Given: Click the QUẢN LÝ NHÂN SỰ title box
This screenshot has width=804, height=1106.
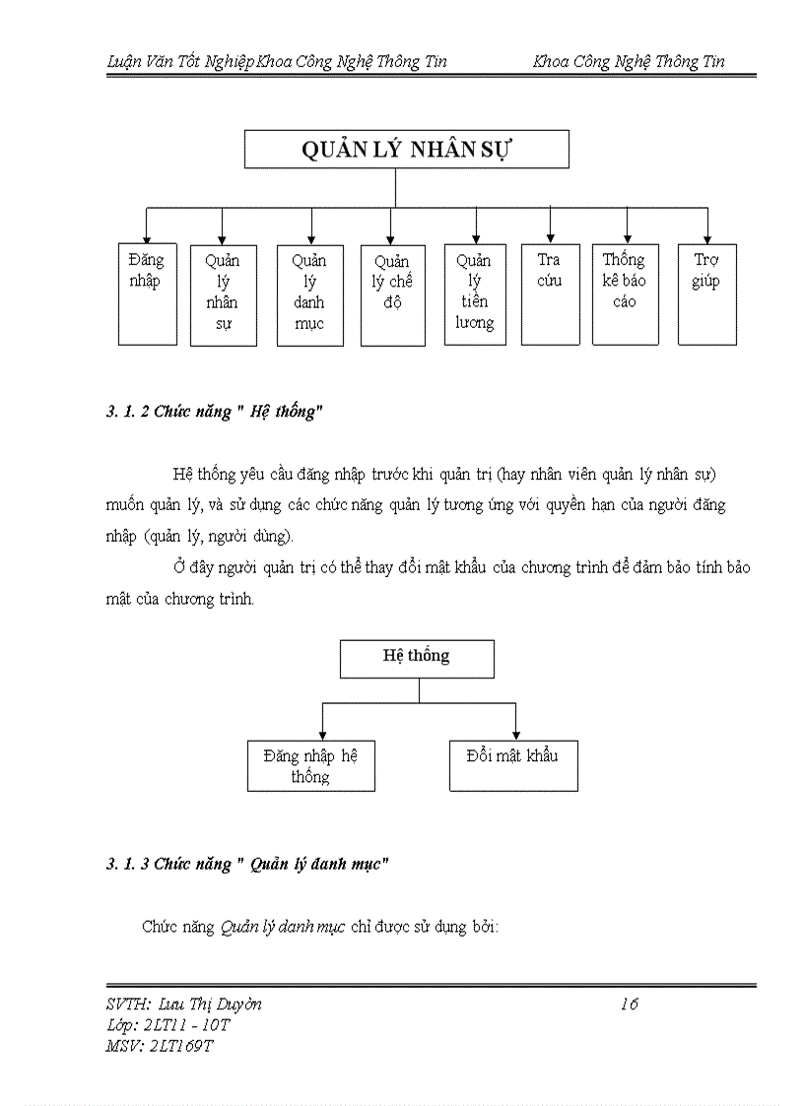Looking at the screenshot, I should point(406,150).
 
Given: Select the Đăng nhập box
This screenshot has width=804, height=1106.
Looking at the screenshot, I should point(147,293).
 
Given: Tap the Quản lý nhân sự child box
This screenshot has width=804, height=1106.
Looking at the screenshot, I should point(223,294).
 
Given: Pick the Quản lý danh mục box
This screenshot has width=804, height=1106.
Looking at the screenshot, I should point(309,294).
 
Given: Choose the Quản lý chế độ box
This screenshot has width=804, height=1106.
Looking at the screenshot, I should point(392,294).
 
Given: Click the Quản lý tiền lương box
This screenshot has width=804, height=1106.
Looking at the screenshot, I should point(474,294).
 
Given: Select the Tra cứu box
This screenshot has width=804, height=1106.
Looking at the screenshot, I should point(550,294).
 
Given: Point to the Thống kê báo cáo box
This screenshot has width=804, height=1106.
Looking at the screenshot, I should point(625,294).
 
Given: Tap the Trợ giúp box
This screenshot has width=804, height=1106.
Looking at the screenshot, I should point(706,294).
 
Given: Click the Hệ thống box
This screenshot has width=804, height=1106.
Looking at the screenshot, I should point(417,658).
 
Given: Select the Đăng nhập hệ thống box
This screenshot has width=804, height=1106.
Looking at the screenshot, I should point(310,765).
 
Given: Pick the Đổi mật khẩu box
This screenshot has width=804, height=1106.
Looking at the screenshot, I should point(512,765).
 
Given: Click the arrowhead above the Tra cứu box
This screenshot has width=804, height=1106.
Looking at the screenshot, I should point(550,236).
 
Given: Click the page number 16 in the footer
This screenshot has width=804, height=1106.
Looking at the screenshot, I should point(630,1005).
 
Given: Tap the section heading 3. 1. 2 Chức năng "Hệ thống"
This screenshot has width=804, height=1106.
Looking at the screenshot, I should point(215,413).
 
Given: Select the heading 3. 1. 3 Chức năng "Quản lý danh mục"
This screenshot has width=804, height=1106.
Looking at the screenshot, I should point(247,865).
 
